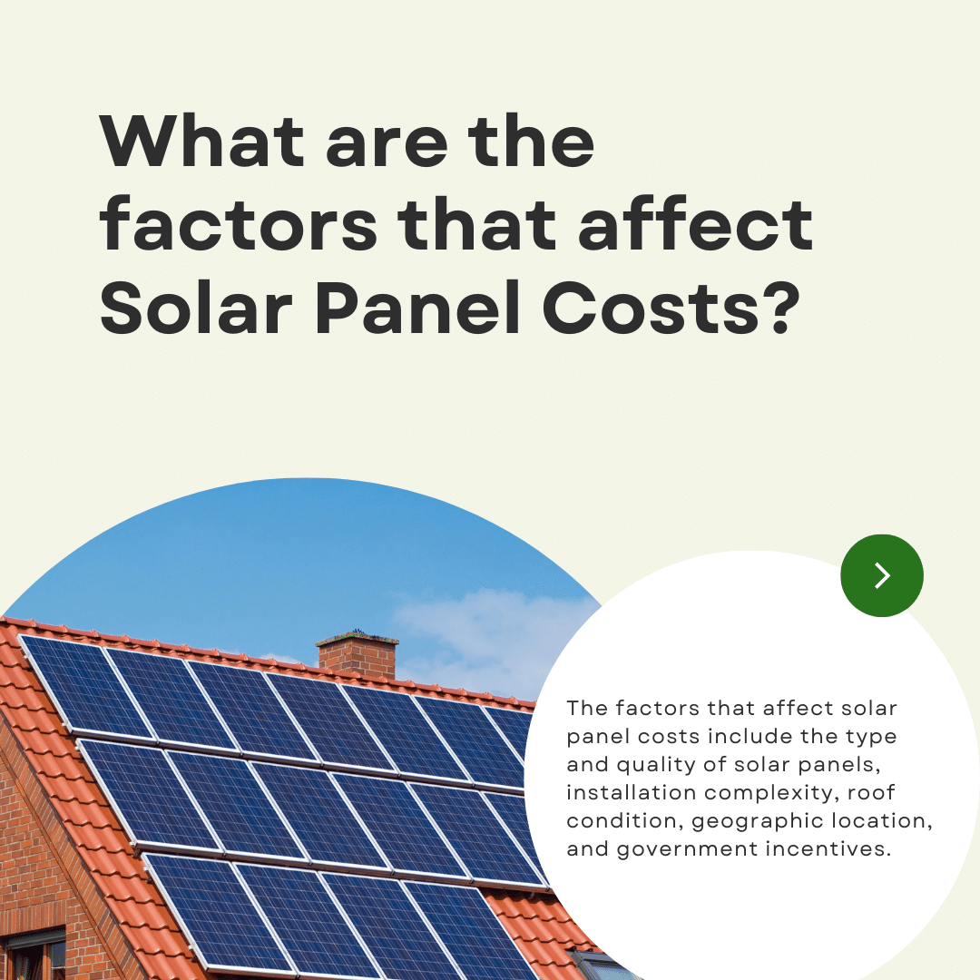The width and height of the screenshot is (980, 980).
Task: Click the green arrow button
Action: [x=882, y=575]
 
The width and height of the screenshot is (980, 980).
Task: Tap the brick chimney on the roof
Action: [x=358, y=654]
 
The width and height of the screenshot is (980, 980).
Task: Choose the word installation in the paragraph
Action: [x=623, y=792]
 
